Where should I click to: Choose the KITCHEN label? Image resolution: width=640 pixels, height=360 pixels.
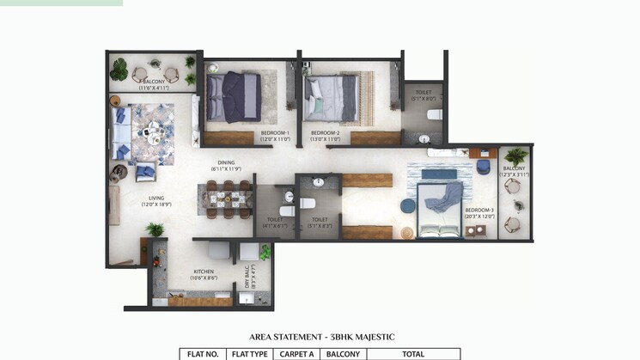(x=204, y=273)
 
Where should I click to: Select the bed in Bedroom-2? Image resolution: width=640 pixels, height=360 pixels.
(x=331, y=96)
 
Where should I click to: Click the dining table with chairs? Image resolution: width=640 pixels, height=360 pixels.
(x=226, y=199)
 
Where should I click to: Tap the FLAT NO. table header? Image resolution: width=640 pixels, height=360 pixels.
(x=203, y=353)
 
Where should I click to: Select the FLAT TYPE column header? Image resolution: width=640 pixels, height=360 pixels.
(x=250, y=353)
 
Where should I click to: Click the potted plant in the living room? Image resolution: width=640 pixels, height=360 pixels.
(x=155, y=229)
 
